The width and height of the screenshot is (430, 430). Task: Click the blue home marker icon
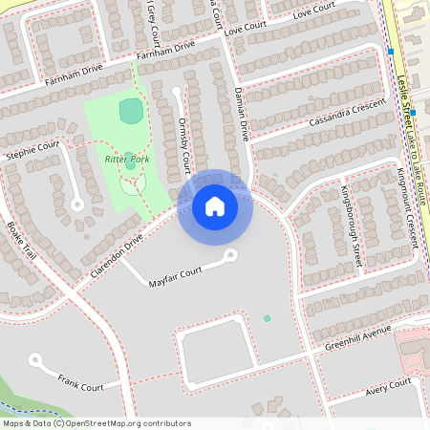click(x=215, y=205)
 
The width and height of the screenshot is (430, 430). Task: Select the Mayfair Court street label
click(x=176, y=276)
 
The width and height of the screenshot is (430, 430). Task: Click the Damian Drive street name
click(x=242, y=112)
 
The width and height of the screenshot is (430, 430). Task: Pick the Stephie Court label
click(x=32, y=148)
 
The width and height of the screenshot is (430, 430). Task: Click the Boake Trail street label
click(x=20, y=243)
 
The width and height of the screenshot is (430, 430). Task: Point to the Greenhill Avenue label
click(x=358, y=340)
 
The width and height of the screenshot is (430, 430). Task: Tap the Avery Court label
click(x=390, y=387)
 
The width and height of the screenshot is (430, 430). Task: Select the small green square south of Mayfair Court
click(x=268, y=318)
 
